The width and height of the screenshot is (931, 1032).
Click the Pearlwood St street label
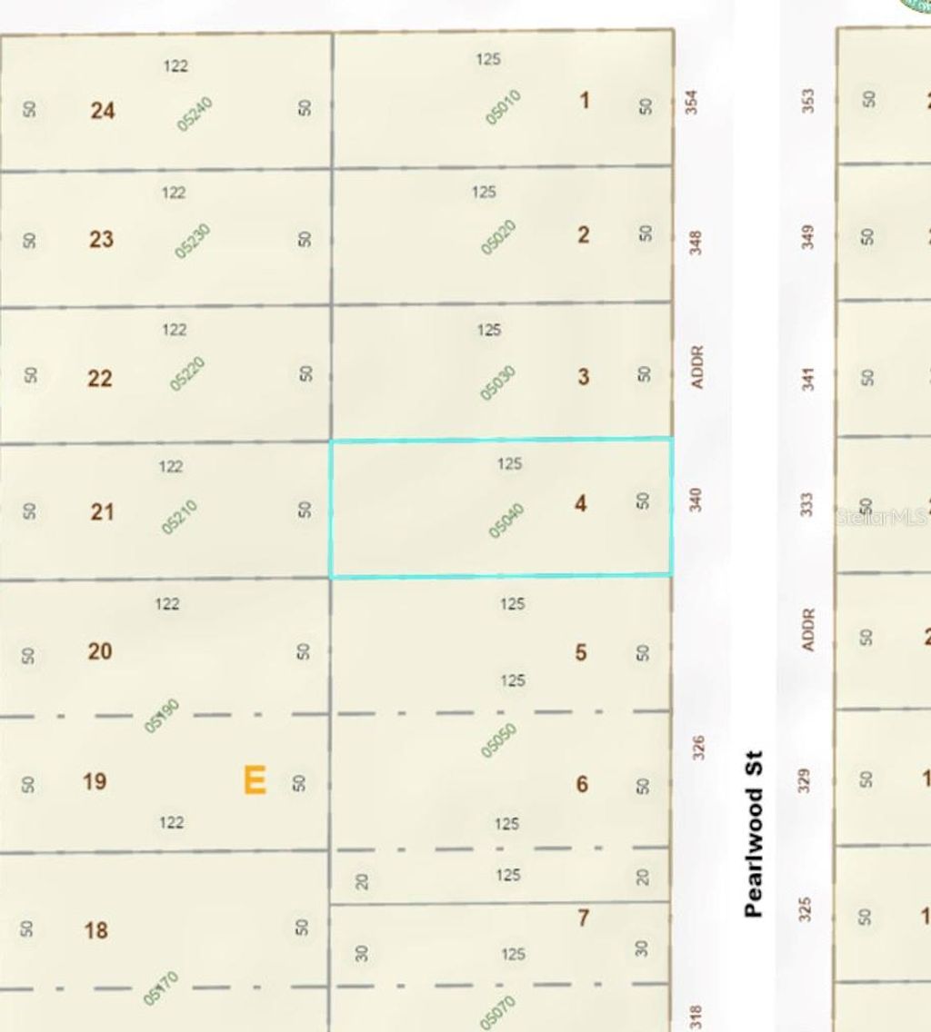click(x=753, y=833)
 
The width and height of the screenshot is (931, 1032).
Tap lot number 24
click(x=103, y=111)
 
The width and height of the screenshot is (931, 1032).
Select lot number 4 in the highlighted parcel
click(x=580, y=502)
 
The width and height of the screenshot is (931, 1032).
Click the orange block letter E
click(x=255, y=780)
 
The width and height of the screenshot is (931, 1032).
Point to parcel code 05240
click(x=195, y=114)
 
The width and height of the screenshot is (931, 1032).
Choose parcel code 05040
click(x=506, y=521)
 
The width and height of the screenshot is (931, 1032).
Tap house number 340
click(x=696, y=499)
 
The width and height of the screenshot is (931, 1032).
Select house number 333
click(x=806, y=505)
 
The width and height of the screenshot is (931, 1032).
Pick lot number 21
click(x=103, y=512)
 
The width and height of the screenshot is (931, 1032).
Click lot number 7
click(x=583, y=918)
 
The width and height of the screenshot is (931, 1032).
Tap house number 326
click(x=697, y=748)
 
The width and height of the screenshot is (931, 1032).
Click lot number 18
click(x=96, y=930)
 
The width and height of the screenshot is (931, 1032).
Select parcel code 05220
click(x=188, y=374)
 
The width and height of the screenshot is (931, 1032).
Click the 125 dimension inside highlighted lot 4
click(x=509, y=464)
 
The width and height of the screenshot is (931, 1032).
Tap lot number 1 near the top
click(x=584, y=100)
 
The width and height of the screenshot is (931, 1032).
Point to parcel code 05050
click(x=499, y=739)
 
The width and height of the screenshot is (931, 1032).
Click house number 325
click(x=804, y=908)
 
